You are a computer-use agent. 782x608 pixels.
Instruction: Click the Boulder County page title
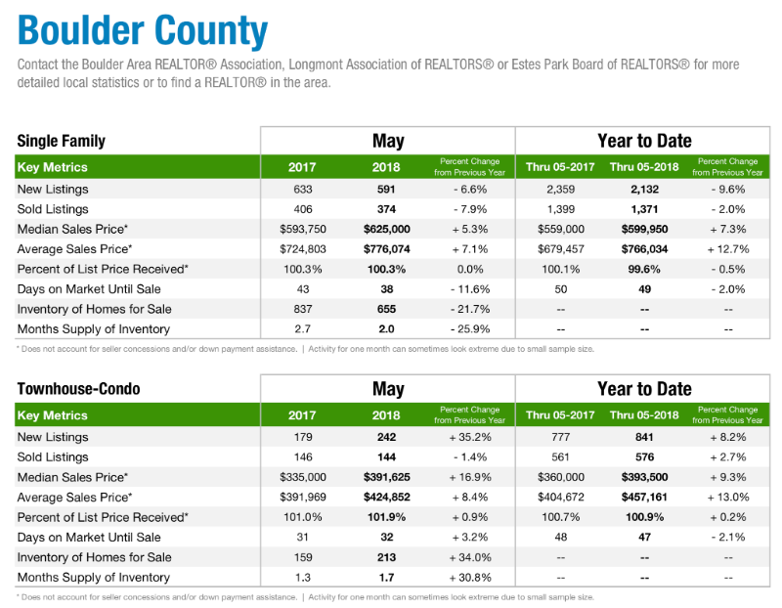[x=142, y=30]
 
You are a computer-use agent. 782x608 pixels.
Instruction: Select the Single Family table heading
[x=61, y=141]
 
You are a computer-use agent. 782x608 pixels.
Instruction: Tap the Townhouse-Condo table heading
[x=78, y=389]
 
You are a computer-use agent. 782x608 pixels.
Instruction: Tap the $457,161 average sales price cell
[x=643, y=498]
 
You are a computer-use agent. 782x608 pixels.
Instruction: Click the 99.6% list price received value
[x=643, y=269]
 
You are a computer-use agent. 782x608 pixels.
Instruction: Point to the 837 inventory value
[x=302, y=309]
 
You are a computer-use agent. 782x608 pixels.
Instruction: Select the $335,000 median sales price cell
[x=302, y=477]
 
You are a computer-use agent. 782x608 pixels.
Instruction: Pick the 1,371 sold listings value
[x=643, y=209]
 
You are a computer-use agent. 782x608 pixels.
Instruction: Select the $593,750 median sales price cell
[x=302, y=230]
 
